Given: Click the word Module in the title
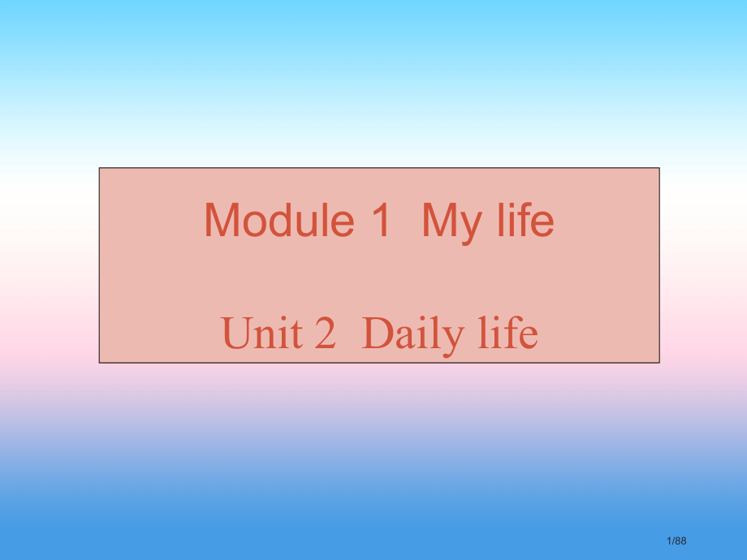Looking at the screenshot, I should tap(279, 220).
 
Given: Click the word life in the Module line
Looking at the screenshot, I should tap(524, 220).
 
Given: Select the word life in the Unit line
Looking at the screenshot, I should tap(506, 334).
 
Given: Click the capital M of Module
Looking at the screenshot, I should tap(220, 220).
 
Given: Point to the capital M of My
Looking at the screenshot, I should tap(438, 220).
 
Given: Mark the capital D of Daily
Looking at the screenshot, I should tap(377, 334).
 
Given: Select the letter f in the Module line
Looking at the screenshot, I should tap(526, 220).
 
